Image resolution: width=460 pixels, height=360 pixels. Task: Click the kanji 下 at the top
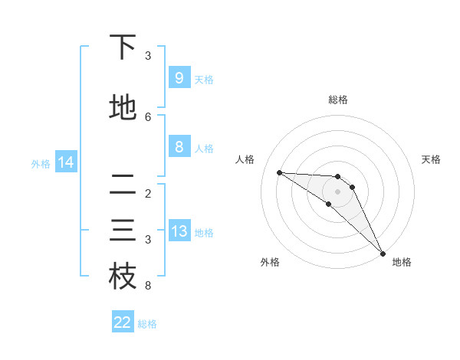point(123,47)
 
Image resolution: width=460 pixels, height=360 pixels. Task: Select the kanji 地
point(123,108)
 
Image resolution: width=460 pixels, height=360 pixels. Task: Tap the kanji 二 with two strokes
point(123,185)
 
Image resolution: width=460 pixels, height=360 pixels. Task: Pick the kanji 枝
point(123,277)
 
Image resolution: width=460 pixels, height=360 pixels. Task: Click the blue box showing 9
point(179,78)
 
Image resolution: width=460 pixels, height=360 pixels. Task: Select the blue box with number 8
point(179,148)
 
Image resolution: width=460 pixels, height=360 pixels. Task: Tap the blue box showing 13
point(179,232)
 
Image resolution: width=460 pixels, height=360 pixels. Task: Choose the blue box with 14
point(65,162)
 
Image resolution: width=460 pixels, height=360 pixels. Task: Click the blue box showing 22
point(123,322)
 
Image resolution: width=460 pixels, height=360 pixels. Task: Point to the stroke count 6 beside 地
point(148,117)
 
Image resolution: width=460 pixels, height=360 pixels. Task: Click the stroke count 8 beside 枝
point(148,286)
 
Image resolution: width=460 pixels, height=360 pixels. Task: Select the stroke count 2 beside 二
point(148,194)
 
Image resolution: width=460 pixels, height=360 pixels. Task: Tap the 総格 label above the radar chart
point(338,100)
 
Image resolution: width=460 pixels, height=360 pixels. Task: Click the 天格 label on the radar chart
point(431,159)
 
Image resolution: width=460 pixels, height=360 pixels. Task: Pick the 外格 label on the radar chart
point(270,262)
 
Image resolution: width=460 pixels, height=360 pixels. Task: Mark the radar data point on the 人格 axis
point(279,172)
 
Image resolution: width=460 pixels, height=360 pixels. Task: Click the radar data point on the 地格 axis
point(383,254)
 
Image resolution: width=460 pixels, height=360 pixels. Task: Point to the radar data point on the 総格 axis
point(338,177)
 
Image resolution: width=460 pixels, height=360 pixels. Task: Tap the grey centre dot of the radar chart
point(338,191)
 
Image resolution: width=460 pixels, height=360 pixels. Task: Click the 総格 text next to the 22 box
point(147,324)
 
